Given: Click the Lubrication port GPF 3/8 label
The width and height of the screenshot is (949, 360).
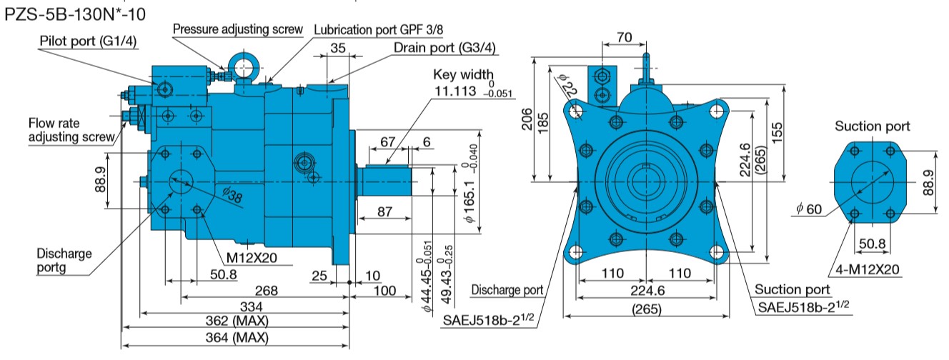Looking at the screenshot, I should click(x=383, y=29).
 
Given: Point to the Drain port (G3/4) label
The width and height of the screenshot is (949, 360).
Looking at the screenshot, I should click(x=445, y=48).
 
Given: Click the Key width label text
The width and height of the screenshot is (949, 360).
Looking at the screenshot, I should click(x=463, y=75).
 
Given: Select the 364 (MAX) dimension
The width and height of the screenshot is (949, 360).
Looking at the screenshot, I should click(x=237, y=337).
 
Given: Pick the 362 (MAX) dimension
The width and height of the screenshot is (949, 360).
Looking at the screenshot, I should click(x=237, y=321).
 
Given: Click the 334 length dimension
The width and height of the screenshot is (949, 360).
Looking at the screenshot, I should click(x=236, y=306).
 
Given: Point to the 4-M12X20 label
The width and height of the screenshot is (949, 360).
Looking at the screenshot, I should click(x=867, y=269).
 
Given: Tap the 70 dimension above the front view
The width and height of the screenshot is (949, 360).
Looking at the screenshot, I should click(x=624, y=36).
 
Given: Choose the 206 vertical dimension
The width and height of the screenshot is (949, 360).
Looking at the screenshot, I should click(x=525, y=120).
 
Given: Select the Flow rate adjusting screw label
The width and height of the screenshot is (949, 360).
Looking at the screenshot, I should click(x=71, y=129).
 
